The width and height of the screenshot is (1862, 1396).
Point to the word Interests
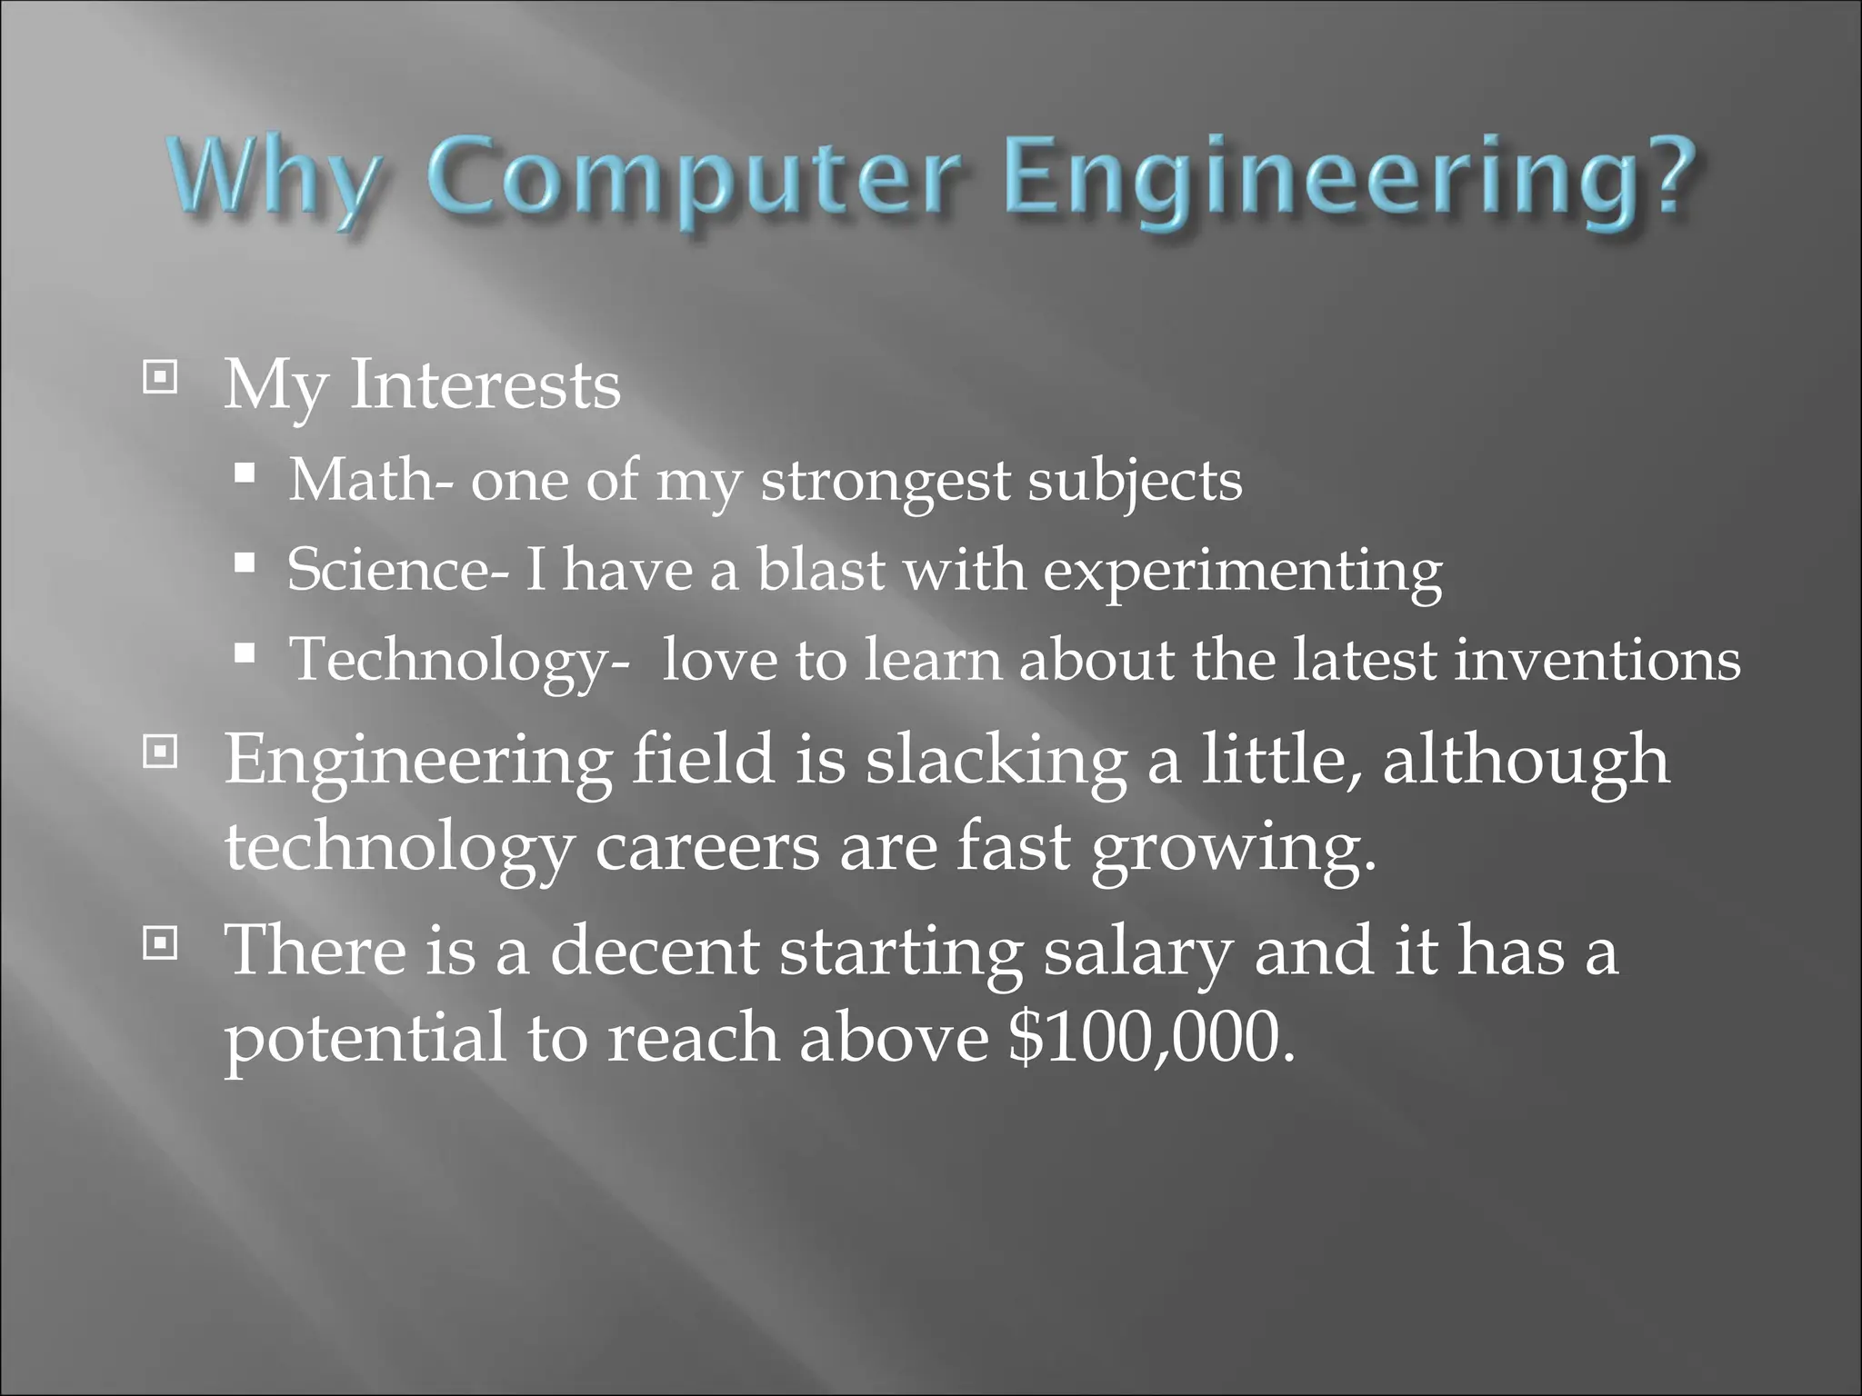(x=485, y=386)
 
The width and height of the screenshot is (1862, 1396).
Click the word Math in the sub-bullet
(x=361, y=480)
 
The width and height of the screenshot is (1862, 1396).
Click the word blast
(x=821, y=571)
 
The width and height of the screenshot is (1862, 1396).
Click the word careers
(x=706, y=849)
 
